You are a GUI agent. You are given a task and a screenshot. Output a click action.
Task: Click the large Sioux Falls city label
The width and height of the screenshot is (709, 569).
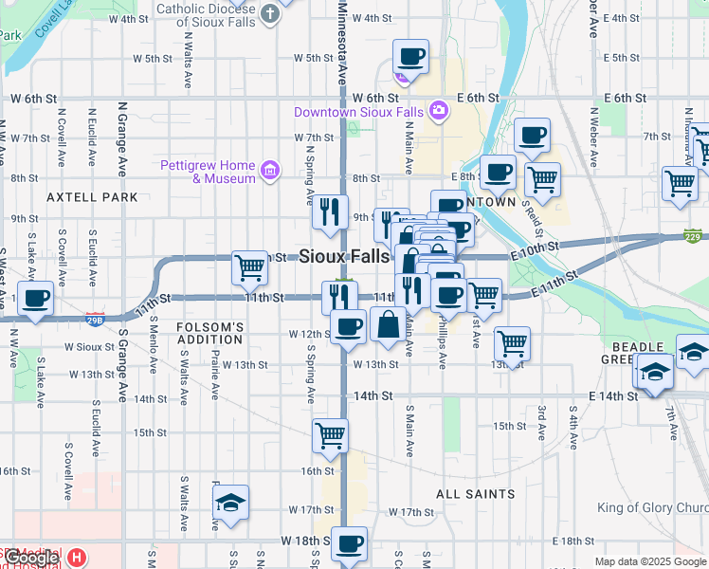[344, 256]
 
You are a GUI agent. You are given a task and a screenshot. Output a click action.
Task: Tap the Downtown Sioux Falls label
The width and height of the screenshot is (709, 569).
[357, 112]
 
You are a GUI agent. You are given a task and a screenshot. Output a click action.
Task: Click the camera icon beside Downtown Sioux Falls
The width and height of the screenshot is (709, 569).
[438, 112]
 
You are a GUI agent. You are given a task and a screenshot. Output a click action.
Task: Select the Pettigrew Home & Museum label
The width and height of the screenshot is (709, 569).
[208, 171]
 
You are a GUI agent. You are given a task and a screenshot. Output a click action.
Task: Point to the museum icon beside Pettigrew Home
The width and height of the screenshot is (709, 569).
[270, 171]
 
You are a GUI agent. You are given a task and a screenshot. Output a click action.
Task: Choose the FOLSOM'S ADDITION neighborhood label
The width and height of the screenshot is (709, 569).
[197, 333]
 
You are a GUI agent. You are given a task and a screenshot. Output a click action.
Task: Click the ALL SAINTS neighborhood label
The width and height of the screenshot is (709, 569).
[476, 494]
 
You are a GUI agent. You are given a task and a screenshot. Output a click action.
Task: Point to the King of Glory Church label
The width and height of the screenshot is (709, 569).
[653, 508]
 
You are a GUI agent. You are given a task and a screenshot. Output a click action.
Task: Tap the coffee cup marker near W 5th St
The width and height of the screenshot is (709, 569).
[410, 57]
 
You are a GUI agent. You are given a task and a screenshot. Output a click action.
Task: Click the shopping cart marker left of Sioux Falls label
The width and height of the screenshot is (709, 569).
[250, 267]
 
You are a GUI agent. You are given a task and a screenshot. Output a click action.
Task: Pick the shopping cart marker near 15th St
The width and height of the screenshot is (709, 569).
[331, 436]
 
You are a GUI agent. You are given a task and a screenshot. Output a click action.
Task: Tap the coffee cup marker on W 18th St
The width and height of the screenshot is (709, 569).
[350, 543]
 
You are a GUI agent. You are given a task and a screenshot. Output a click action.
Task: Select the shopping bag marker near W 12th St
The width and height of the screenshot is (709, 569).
[389, 324]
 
